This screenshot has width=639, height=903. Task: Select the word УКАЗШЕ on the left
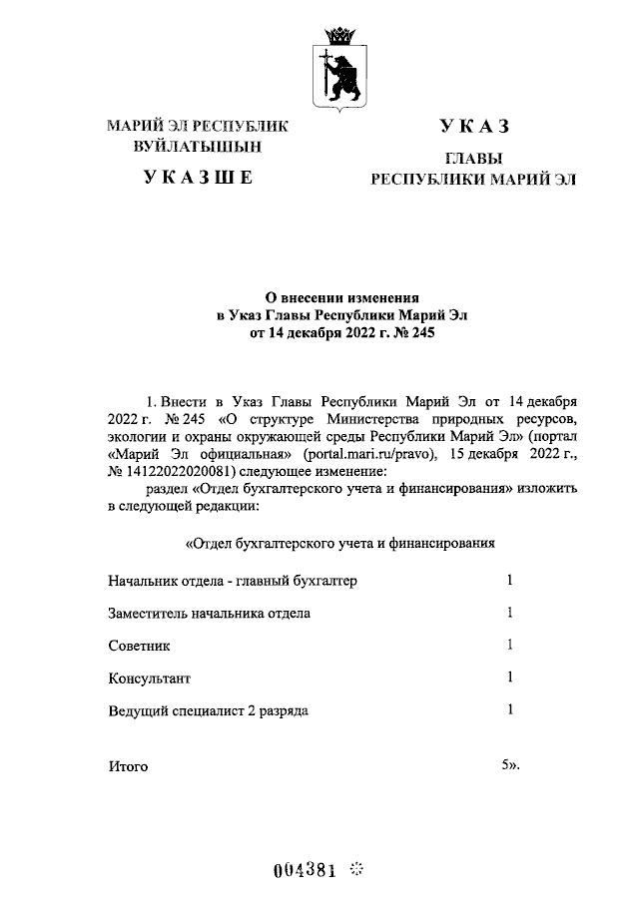pos(198,179)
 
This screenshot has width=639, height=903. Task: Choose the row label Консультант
pos(149,678)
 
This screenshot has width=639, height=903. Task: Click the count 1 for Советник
pos(509,645)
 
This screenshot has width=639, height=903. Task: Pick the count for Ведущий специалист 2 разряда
pos(509,710)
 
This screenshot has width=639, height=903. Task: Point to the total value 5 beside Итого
pos(505,765)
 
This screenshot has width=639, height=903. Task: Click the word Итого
pos(127,766)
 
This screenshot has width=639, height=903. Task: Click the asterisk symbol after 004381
pos(358,870)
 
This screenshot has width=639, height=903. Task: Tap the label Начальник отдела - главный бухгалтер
pos(232,581)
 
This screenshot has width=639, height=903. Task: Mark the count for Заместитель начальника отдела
pos(509,613)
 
